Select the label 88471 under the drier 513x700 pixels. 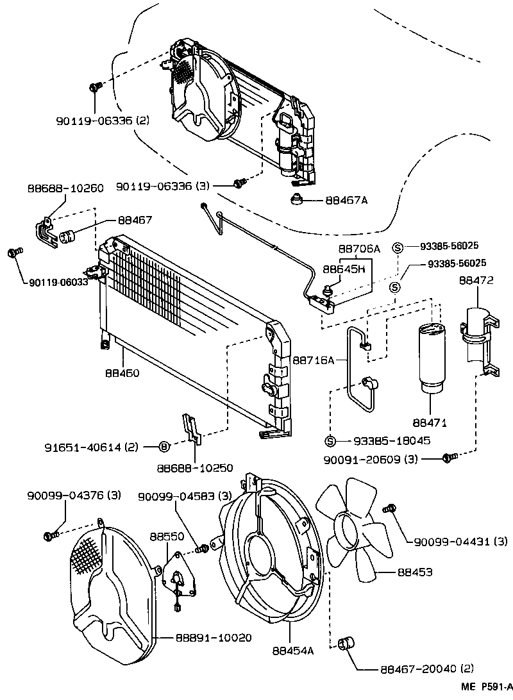coord(430,423)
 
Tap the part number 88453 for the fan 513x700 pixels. coord(415,571)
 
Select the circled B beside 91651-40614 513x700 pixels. coord(164,447)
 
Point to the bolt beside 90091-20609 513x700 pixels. coord(448,457)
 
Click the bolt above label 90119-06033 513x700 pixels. coord(14,253)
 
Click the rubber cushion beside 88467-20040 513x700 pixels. coord(346,642)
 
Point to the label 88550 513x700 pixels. coord(164,536)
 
